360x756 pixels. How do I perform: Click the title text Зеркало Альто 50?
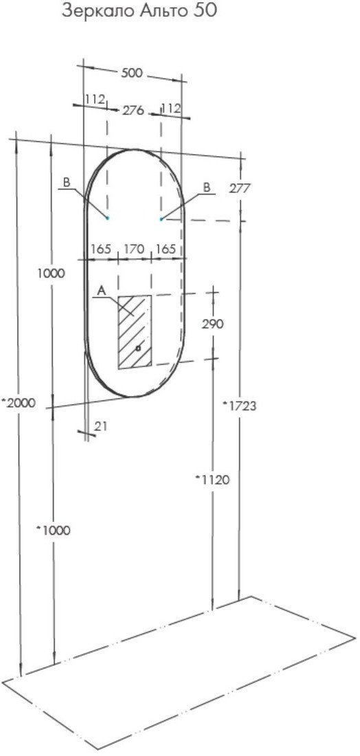point(139,11)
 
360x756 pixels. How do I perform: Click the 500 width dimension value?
point(132,73)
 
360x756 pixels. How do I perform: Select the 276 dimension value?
point(133,111)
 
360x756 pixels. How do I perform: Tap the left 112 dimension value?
point(95,100)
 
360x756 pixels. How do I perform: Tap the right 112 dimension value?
point(171,109)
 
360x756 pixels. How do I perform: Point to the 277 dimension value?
point(240,188)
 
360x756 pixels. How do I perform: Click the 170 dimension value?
point(134,249)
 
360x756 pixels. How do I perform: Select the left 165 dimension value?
point(101,249)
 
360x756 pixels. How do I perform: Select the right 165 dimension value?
point(166,249)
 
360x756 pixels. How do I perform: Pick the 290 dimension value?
point(212,324)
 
